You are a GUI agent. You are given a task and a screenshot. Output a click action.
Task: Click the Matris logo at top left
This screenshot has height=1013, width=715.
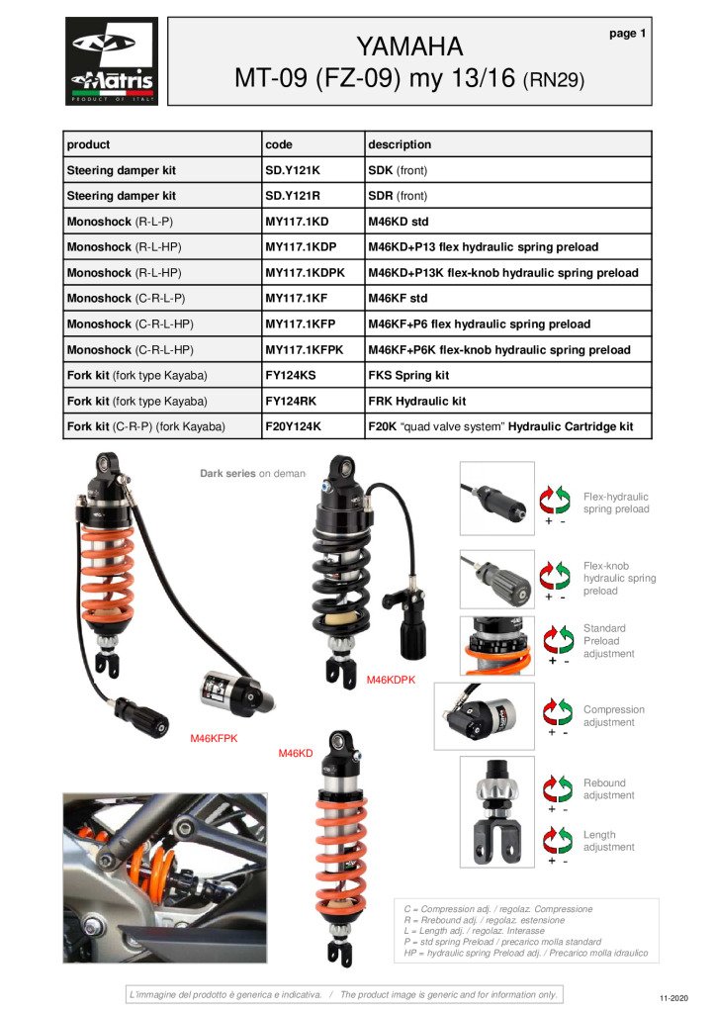pos(111,61)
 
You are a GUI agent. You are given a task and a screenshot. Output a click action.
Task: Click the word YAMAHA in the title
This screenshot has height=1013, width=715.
pos(409,46)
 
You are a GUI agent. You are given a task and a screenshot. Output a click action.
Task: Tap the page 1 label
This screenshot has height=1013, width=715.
pos(627,34)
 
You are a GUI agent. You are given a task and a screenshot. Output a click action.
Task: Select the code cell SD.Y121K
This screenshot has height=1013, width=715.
pos(293,170)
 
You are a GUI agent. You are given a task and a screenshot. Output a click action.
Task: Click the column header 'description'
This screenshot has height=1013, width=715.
pos(400,144)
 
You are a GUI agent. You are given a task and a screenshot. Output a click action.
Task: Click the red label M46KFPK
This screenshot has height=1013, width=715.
pos(214,738)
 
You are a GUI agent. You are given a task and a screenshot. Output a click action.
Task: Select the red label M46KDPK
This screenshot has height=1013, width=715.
pos(391,680)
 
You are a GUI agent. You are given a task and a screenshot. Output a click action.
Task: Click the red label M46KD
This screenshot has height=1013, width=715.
pos(296,754)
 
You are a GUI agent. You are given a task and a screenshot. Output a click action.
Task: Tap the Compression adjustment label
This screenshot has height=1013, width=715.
pos(613,716)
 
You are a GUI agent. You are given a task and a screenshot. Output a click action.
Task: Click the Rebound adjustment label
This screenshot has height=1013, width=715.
pos(608,789)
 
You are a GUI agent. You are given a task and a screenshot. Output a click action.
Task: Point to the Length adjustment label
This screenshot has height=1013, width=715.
pos(608,841)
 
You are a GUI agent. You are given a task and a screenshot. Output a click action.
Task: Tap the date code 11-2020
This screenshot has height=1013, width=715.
pos(671,997)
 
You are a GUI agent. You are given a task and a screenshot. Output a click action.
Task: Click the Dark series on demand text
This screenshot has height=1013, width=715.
pos(252,474)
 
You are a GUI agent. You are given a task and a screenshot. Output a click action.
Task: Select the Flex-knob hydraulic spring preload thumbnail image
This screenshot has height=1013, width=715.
pos(496,579)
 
